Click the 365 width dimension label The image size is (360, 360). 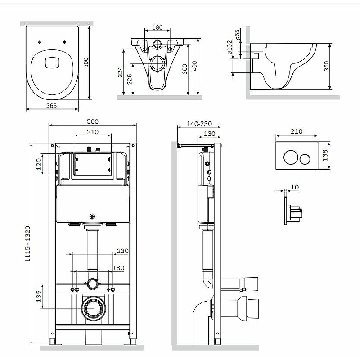pos(51,106)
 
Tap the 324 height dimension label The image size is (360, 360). pos(120,72)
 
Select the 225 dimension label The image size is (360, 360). pos(130,79)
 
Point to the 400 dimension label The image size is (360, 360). pos(194,66)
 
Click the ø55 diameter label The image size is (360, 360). pos(238,34)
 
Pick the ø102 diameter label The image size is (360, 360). pos(229,47)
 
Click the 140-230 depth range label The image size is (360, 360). pos(199,124)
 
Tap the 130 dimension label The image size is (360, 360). pos(210,134)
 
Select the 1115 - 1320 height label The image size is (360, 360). pos(27,243)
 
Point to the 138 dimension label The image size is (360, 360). pos(325,155)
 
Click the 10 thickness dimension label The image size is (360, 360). pos(295,187)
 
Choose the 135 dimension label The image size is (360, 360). pos(39,296)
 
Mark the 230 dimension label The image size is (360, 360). pos(123,251)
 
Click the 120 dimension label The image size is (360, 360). pos(39,164)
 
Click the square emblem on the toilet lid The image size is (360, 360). pos(52,62)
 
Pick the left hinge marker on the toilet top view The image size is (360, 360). pos(40,42)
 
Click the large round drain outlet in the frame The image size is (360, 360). pos(94,308)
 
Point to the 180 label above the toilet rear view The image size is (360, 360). pos(157,27)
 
